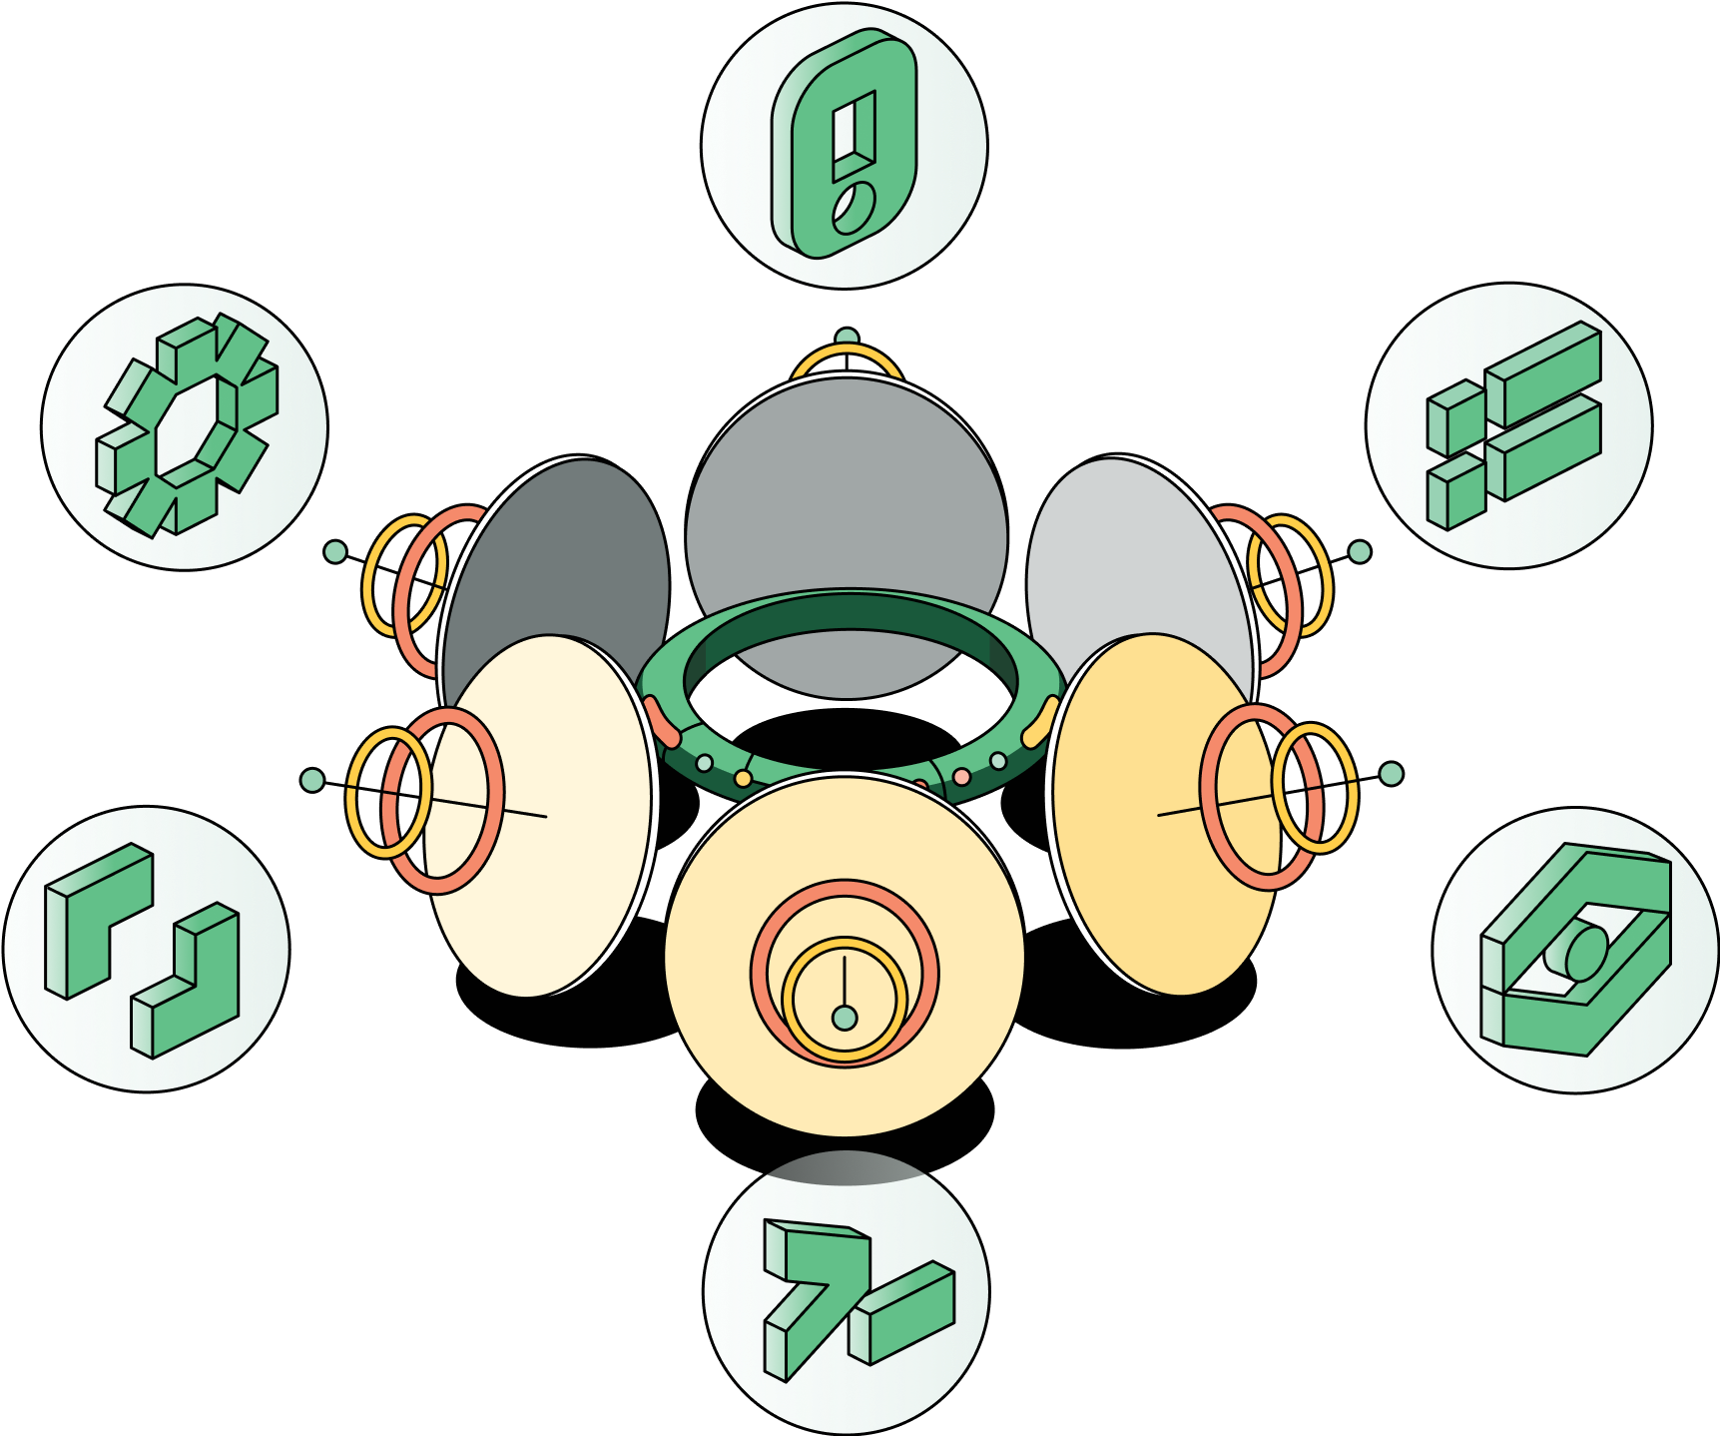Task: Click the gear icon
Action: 186,426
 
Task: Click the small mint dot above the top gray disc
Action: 847,338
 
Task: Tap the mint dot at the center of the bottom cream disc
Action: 845,1018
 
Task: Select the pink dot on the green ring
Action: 961,776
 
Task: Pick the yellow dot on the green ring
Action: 743,778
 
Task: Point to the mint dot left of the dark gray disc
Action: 335,551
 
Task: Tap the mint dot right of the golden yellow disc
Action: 1391,774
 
